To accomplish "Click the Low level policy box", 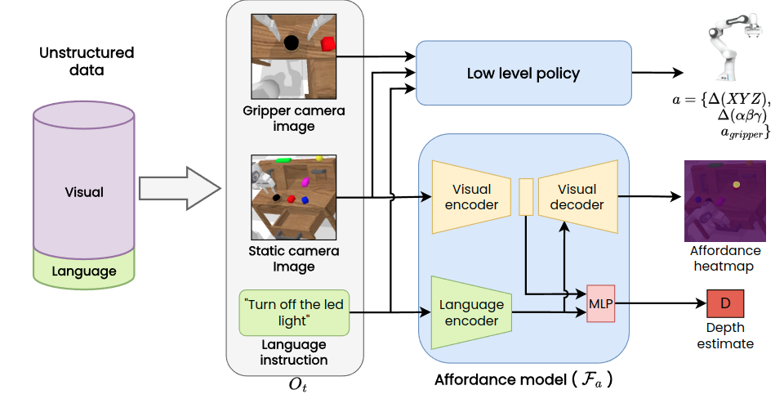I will pos(523,74).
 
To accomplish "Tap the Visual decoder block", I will pos(577,196).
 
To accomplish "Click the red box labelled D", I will pos(724,304).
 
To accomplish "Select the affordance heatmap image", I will pos(725,198).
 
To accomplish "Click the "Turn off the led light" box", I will pos(294,312).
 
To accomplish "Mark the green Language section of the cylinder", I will pos(84,271).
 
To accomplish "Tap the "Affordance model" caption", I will pos(523,379).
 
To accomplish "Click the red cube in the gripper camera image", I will pos(328,43).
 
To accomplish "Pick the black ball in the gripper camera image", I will pos(292,44).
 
